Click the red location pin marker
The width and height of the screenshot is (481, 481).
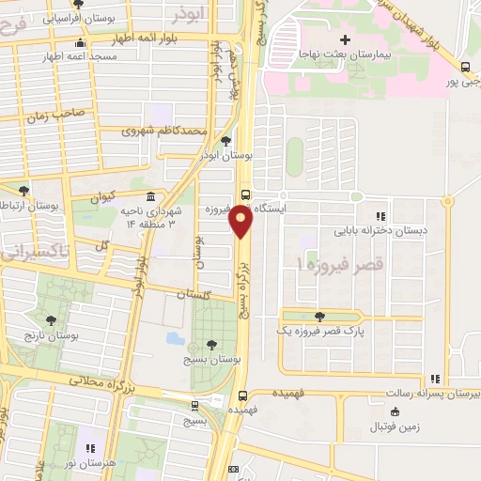pos(242,221)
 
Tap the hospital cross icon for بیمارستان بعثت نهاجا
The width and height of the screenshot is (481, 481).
pos(345,39)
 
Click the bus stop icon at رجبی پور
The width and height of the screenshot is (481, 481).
pos(466,66)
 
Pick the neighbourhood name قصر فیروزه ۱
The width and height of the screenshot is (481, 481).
pos(328,267)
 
